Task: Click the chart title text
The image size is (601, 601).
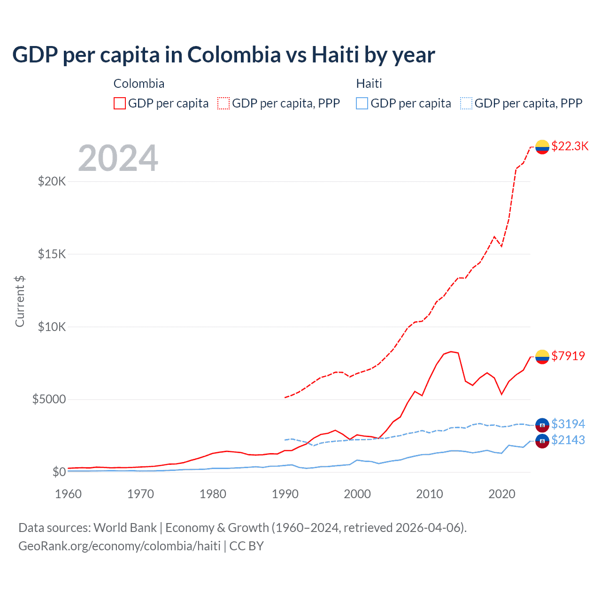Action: click(x=223, y=54)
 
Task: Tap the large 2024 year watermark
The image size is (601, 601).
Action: click(x=118, y=158)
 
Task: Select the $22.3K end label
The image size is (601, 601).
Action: click(x=570, y=146)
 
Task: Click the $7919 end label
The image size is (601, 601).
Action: click(x=568, y=356)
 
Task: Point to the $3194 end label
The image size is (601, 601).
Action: click(x=568, y=424)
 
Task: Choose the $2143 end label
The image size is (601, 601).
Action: click(x=568, y=440)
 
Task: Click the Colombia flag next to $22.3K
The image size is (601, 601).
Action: click(x=542, y=147)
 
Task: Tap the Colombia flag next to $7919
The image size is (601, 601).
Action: click(x=542, y=357)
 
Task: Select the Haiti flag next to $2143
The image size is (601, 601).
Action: click(x=542, y=441)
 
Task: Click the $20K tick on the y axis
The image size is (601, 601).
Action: click(x=52, y=181)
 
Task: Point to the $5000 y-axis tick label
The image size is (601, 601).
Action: click(x=49, y=400)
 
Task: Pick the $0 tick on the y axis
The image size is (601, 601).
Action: click(x=59, y=472)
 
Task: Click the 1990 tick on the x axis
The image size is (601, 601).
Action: click(x=285, y=494)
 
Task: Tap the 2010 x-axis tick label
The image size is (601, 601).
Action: click(x=430, y=494)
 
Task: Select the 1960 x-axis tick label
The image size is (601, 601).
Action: click(x=69, y=494)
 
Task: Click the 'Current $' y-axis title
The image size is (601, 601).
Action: click(x=20, y=301)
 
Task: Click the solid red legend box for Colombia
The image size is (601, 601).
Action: click(x=120, y=103)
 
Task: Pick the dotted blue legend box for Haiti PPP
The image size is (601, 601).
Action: click(x=466, y=103)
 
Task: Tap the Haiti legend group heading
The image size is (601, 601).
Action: click(x=369, y=84)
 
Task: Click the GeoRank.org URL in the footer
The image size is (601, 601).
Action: click(x=119, y=546)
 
